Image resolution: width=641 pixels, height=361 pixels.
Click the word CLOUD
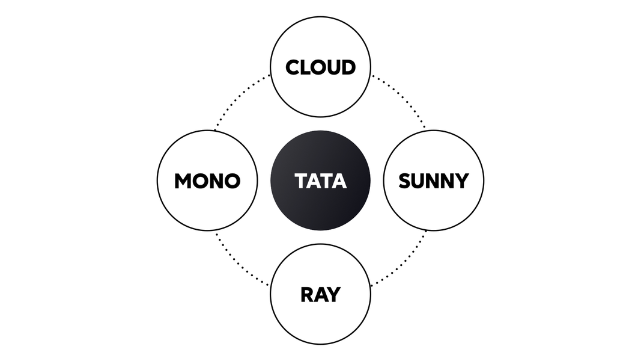(x=320, y=67)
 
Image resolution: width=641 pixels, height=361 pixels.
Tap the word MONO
(x=207, y=180)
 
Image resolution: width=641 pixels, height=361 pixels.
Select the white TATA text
(x=320, y=180)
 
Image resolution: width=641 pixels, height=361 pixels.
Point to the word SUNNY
(x=433, y=180)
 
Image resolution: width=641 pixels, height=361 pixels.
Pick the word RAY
(x=320, y=295)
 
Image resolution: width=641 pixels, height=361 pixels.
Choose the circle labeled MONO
(x=207, y=208)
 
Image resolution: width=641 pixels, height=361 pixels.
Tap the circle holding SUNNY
(x=433, y=208)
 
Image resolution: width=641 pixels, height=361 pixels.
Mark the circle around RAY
(x=320, y=322)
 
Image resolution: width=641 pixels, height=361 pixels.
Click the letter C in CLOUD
(x=293, y=67)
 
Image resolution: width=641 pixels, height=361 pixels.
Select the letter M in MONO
(x=183, y=180)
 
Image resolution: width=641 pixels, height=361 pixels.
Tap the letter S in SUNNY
(x=405, y=180)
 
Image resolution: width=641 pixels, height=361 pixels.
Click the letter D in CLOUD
(x=348, y=67)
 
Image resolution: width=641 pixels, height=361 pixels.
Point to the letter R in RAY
(x=306, y=295)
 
